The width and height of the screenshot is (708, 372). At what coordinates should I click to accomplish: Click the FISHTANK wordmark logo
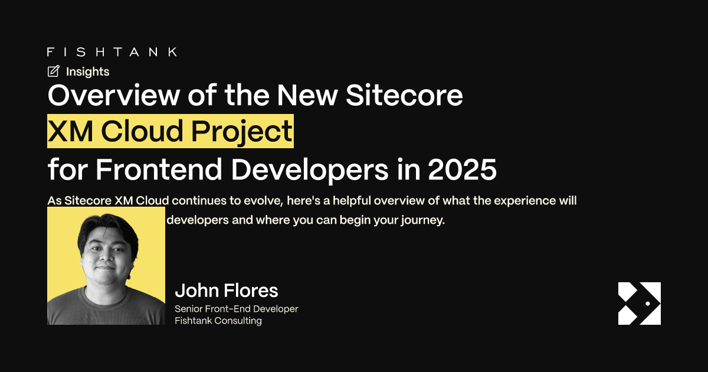pyautogui.click(x=112, y=52)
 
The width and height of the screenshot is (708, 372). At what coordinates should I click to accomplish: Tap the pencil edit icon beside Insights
pyautogui.click(x=54, y=71)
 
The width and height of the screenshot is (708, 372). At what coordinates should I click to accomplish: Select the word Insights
pyautogui.click(x=87, y=71)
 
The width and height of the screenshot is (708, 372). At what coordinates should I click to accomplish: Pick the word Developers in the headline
pyautogui.click(x=307, y=169)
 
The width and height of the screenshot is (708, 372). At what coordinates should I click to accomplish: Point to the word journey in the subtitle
pyautogui.click(x=422, y=221)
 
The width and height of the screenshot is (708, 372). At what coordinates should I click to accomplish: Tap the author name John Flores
pyautogui.click(x=227, y=291)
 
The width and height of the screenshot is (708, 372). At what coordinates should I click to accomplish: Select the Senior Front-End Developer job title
pyautogui.click(x=237, y=309)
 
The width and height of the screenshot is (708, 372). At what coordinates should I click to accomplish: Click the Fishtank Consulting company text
pyautogui.click(x=218, y=321)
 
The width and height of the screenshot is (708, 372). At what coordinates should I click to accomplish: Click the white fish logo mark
pyautogui.click(x=639, y=304)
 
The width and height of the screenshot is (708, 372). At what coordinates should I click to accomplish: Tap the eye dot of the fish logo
pyautogui.click(x=648, y=304)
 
